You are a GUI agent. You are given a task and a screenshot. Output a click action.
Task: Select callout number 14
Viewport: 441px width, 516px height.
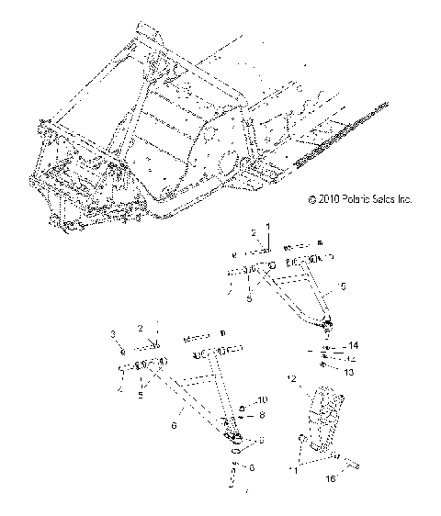click(353, 345)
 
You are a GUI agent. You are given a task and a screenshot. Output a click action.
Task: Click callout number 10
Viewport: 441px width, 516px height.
click(262, 399)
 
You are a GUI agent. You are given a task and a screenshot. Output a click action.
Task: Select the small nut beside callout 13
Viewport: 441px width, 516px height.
click(329, 366)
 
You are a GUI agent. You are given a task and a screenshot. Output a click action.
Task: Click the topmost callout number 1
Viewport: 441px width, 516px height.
click(268, 226)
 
